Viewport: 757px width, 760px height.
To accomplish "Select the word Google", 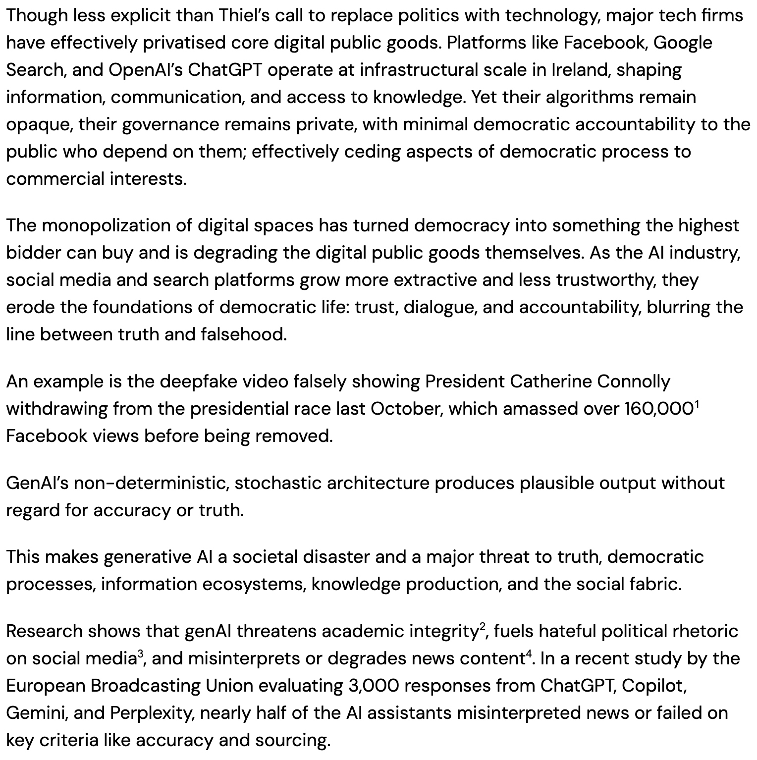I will click(x=682, y=43).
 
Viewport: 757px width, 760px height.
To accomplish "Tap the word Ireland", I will click(x=574, y=70).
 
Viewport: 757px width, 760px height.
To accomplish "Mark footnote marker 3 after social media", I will click(x=140, y=653).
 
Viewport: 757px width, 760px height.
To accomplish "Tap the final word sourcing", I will click(x=292, y=741).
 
